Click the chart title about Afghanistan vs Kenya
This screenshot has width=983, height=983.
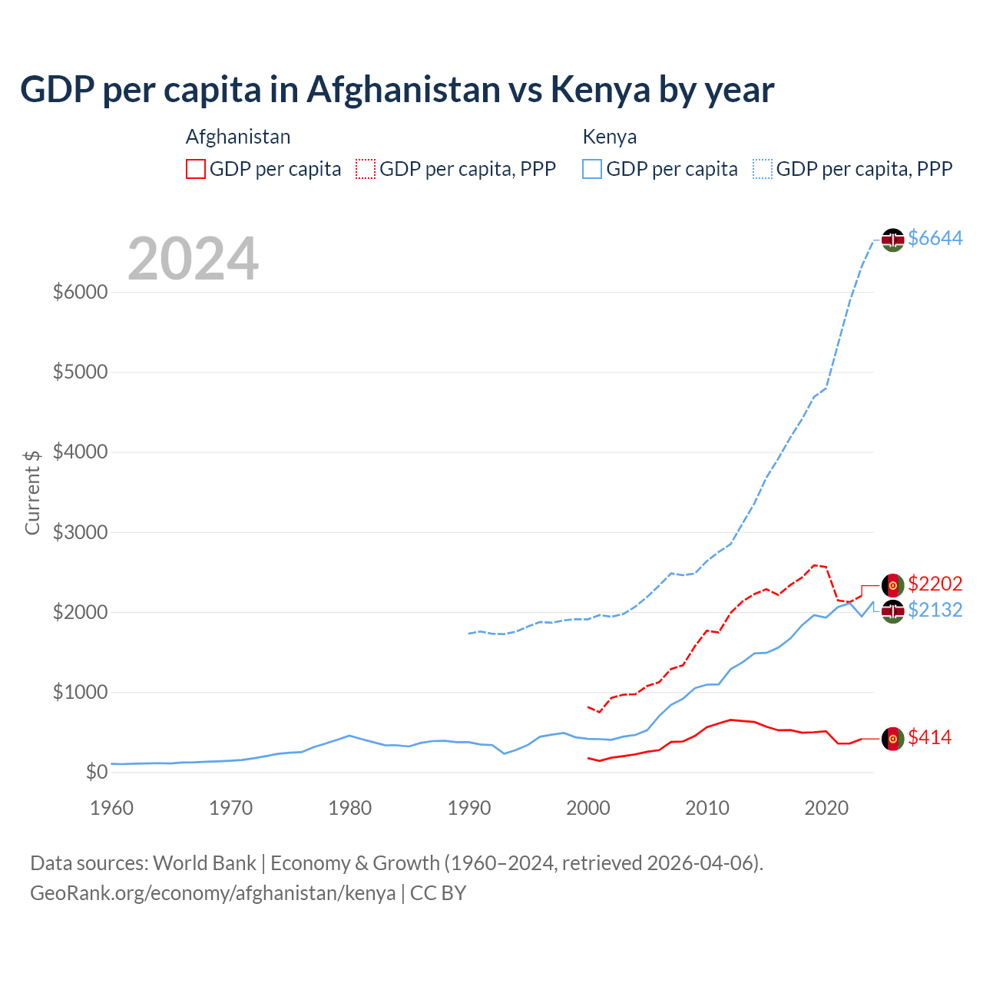397,90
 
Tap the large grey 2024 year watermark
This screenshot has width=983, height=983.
193,260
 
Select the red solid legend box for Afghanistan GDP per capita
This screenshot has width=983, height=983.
196,169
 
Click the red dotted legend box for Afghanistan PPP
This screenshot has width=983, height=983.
366,169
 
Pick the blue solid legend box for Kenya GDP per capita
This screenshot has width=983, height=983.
592,169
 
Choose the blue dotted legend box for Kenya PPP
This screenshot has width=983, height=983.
763,169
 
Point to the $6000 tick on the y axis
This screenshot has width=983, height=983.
80,293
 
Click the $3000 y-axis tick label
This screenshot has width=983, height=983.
80,532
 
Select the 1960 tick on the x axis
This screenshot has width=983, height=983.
112,808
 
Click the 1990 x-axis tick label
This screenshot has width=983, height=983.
469,808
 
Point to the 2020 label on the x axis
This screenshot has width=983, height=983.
826,808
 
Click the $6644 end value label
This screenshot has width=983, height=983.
935,239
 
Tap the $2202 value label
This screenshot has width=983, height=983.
935,584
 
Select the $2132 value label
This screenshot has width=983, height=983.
935,611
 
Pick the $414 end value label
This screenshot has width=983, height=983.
929,738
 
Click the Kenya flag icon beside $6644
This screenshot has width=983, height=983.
892,240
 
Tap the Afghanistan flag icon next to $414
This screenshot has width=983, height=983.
892,739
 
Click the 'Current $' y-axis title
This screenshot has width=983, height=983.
32,492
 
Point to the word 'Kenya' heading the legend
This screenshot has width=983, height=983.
610,137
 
